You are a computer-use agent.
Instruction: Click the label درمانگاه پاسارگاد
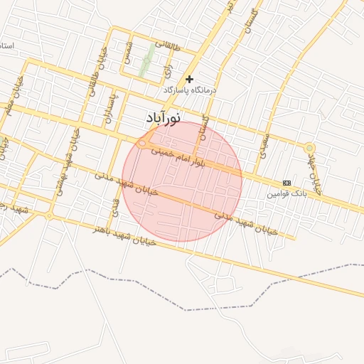click(190, 91)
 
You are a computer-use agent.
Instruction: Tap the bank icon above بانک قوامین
click(287, 183)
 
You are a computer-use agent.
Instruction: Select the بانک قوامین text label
click(287, 193)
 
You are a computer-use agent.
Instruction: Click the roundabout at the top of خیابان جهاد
click(309, 148)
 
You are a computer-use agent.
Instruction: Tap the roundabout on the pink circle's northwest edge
click(142, 144)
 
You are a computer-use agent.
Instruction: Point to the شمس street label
click(128, 53)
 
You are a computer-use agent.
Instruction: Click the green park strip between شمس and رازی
click(147, 60)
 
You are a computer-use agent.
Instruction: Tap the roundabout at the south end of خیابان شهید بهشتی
click(49, 215)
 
